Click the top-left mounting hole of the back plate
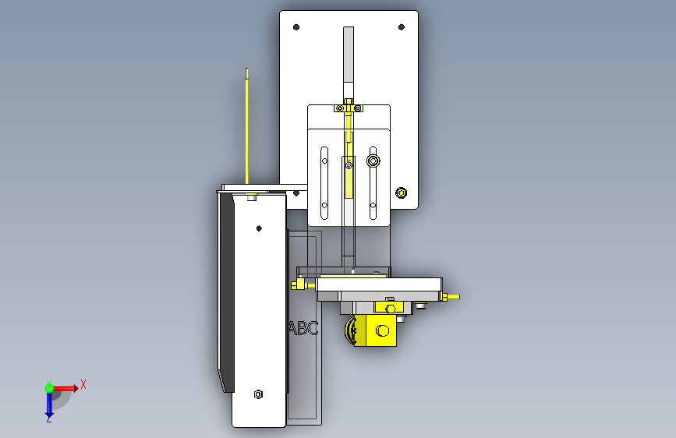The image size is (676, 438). (x=296, y=27)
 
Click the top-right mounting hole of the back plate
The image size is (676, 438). (x=402, y=27)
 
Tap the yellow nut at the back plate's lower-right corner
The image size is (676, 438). (x=402, y=193)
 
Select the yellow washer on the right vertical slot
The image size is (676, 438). (x=373, y=161)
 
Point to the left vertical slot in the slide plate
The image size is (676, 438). (x=324, y=183)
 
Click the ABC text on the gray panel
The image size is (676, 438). (x=303, y=329)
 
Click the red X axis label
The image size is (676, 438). (x=83, y=384)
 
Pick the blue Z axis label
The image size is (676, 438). (x=48, y=419)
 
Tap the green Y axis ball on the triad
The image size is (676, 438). (x=49, y=388)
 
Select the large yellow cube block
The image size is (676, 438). (x=381, y=330)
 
